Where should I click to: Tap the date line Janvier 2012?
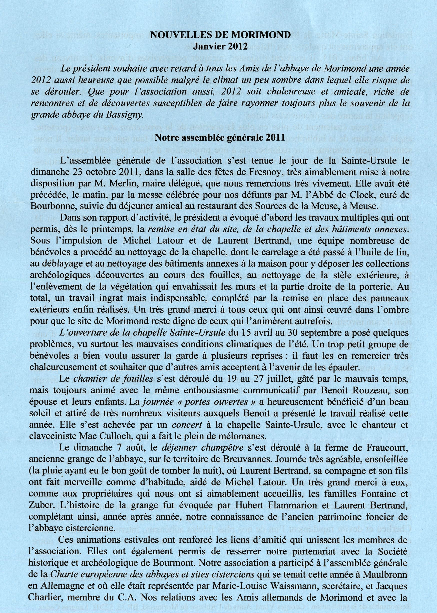[220, 46]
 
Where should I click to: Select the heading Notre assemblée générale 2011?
[220, 138]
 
